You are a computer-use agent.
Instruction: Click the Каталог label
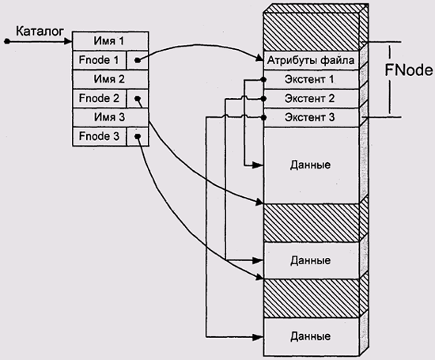40,32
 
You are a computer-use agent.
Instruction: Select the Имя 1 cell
111,41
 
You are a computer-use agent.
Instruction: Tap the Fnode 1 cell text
99,60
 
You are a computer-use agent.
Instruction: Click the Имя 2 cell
111,79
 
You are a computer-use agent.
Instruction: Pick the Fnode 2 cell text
99,98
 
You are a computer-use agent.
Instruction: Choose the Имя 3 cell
111,117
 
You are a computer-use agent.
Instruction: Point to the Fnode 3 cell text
99,136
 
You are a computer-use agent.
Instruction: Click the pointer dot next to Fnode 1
138,60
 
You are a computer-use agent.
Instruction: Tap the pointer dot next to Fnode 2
138,99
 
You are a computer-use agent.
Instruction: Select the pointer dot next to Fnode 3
138,136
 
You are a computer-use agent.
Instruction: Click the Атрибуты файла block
311,60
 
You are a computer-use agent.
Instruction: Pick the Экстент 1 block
311,79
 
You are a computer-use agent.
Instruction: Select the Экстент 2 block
311,99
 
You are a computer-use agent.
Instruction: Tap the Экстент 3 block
311,118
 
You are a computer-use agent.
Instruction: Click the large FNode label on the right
409,70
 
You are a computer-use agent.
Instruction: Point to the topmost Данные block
311,165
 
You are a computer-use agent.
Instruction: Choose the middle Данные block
311,260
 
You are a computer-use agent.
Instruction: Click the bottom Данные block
311,337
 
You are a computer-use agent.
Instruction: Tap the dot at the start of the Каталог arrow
7,42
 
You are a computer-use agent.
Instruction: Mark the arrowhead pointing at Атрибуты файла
259,59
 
